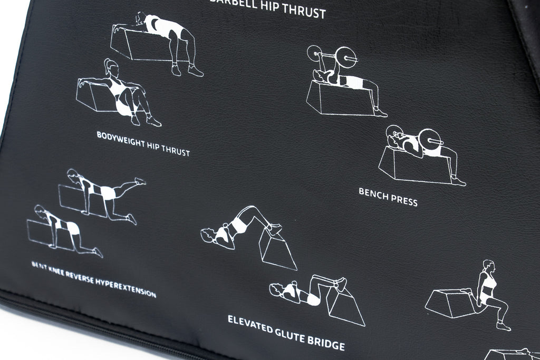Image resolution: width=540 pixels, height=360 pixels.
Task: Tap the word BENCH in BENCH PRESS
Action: [373, 193]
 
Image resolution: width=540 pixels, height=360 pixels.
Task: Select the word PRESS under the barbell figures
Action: [404, 200]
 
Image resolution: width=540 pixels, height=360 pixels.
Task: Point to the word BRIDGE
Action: [324, 343]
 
